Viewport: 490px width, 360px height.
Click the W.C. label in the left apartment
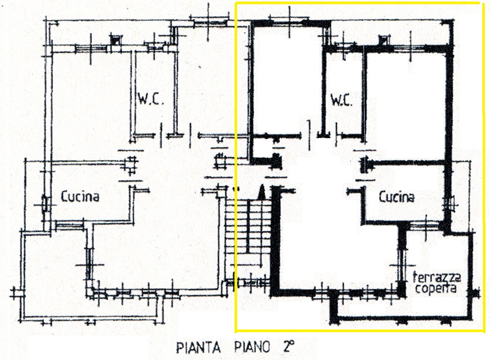150,100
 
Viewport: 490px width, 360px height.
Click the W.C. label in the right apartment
342,100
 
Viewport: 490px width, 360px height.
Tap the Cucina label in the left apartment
80,197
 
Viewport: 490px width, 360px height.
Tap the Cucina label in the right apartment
397,197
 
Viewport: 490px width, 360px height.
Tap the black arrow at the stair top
261,192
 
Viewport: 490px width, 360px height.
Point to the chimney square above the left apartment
116,40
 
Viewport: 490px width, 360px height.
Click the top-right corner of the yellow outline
479,4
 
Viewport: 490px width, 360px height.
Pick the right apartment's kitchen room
405,194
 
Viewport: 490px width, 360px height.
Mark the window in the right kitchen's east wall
449,205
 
